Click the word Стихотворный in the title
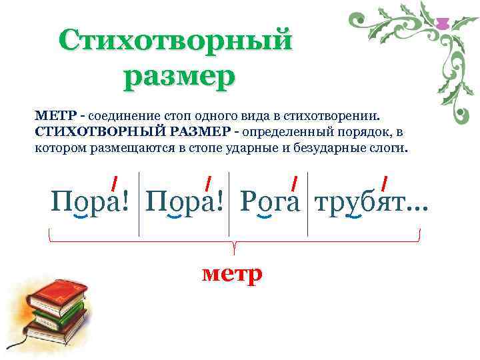pos(175,40)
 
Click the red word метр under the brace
pos(232,273)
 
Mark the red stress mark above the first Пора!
pos(115,181)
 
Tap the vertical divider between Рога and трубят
pos(307,203)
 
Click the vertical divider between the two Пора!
pos(139,203)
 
